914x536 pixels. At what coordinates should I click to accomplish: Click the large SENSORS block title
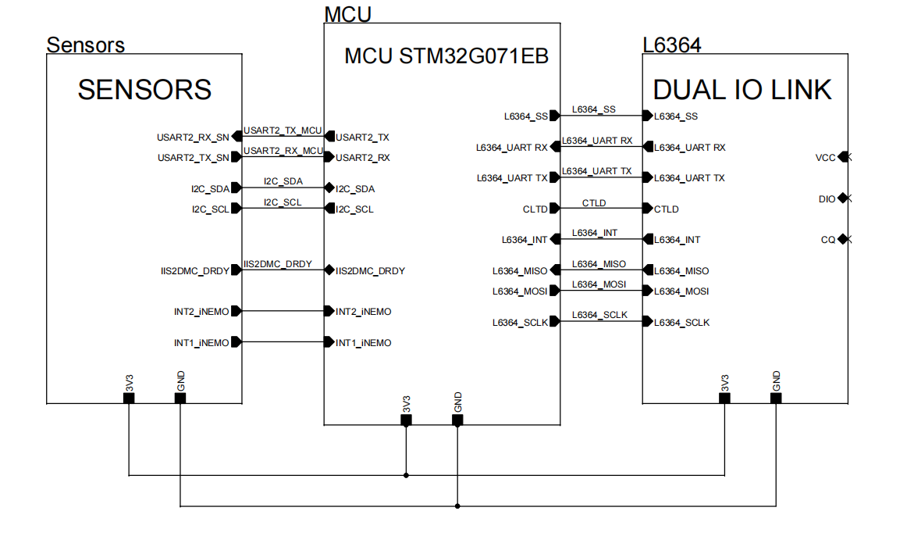[144, 90]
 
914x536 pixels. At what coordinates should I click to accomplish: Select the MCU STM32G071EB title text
[446, 57]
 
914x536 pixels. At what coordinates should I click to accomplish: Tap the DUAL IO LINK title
[742, 90]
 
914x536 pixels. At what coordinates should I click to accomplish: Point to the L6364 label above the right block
[671, 45]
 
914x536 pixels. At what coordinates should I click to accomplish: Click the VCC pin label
[825, 158]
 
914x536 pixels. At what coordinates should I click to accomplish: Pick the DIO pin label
[827, 199]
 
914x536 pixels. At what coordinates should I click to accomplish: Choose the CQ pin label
[828, 240]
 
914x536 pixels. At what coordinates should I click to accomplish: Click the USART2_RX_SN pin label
[193, 138]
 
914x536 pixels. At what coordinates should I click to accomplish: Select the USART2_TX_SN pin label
[193, 158]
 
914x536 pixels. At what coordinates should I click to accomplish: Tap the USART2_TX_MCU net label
[283, 130]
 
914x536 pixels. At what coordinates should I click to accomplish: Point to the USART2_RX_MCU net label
[283, 151]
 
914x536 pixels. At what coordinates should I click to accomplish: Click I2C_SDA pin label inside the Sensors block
[210, 189]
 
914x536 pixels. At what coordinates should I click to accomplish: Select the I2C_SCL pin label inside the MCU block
[354, 209]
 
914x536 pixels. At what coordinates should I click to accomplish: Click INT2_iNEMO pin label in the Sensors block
[201, 312]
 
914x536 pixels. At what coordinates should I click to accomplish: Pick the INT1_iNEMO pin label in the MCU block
[363, 343]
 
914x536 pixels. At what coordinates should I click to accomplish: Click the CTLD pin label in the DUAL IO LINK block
[666, 209]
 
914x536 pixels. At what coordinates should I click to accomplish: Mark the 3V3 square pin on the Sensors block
[129, 398]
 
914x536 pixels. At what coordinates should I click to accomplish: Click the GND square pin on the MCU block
[457, 420]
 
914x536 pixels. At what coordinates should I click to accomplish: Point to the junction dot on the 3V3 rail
[406, 474]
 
